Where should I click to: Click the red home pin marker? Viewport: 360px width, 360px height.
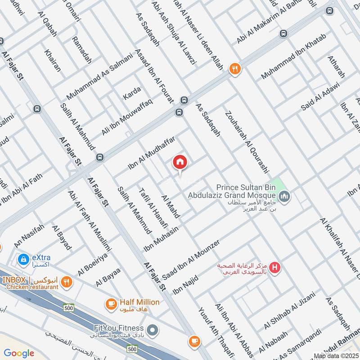click(x=180, y=162)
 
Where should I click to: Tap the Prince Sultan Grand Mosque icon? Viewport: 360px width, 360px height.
click(x=284, y=196)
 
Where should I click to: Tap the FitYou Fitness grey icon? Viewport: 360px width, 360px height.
click(x=153, y=331)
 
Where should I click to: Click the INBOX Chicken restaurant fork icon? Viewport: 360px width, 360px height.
click(x=67, y=282)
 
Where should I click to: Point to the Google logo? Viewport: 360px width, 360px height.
click(x=19, y=353)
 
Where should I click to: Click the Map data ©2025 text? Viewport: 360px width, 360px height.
click(x=336, y=356)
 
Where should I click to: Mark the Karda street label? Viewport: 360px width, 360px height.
click(x=132, y=93)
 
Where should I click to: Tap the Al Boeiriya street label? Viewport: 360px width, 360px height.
click(x=93, y=264)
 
